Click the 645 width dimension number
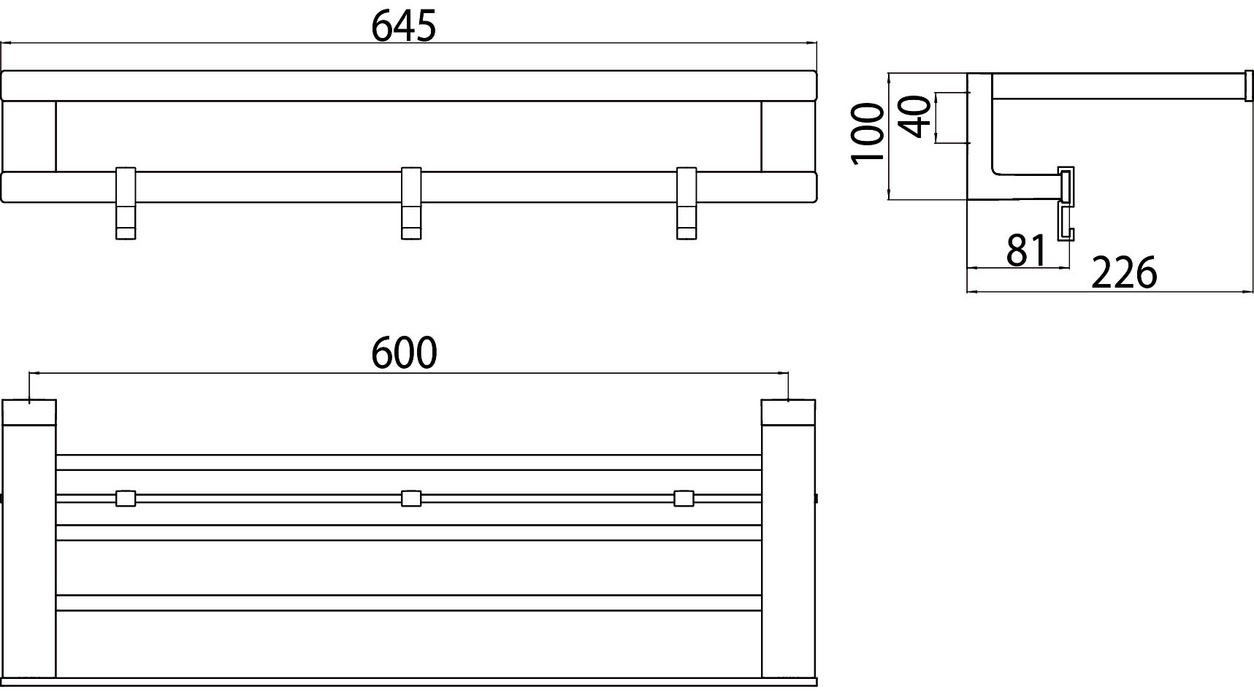(403, 26)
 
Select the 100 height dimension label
(868, 134)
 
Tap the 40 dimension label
(916, 117)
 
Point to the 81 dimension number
(1027, 250)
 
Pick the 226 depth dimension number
(1124, 273)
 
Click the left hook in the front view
(126, 203)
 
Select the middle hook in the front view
(411, 203)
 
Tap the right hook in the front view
(686, 203)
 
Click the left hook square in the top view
(126, 499)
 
